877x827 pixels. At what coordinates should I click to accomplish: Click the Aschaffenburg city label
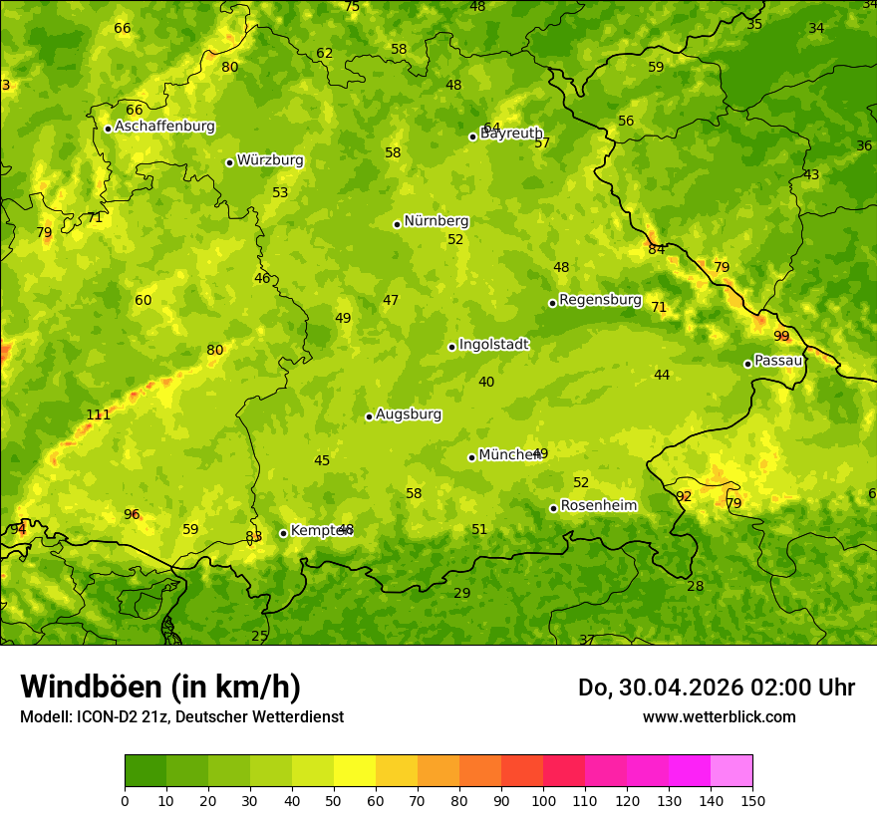point(164,127)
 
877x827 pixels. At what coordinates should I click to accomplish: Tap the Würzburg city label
point(270,160)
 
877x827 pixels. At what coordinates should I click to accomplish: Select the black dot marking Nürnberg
point(397,224)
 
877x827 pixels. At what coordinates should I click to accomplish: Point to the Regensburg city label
point(600,300)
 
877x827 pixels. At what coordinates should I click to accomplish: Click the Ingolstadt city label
point(493,345)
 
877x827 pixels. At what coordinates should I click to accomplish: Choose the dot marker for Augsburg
point(369,416)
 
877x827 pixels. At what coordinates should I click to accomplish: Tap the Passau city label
point(778,361)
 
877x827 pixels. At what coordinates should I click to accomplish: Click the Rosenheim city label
point(598,506)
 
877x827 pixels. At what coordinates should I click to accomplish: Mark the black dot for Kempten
point(283,533)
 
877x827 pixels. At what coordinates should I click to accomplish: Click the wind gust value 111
point(98,415)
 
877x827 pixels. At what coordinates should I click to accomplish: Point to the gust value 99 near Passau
point(781,337)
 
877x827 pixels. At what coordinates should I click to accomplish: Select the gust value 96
point(132,515)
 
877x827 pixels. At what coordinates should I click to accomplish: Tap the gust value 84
point(656,250)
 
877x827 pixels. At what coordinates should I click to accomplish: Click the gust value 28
point(695,587)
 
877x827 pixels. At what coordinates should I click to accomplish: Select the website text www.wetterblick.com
point(719,717)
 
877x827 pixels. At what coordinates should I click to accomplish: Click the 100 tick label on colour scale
point(543,800)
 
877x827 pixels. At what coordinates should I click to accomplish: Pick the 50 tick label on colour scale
point(334,800)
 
